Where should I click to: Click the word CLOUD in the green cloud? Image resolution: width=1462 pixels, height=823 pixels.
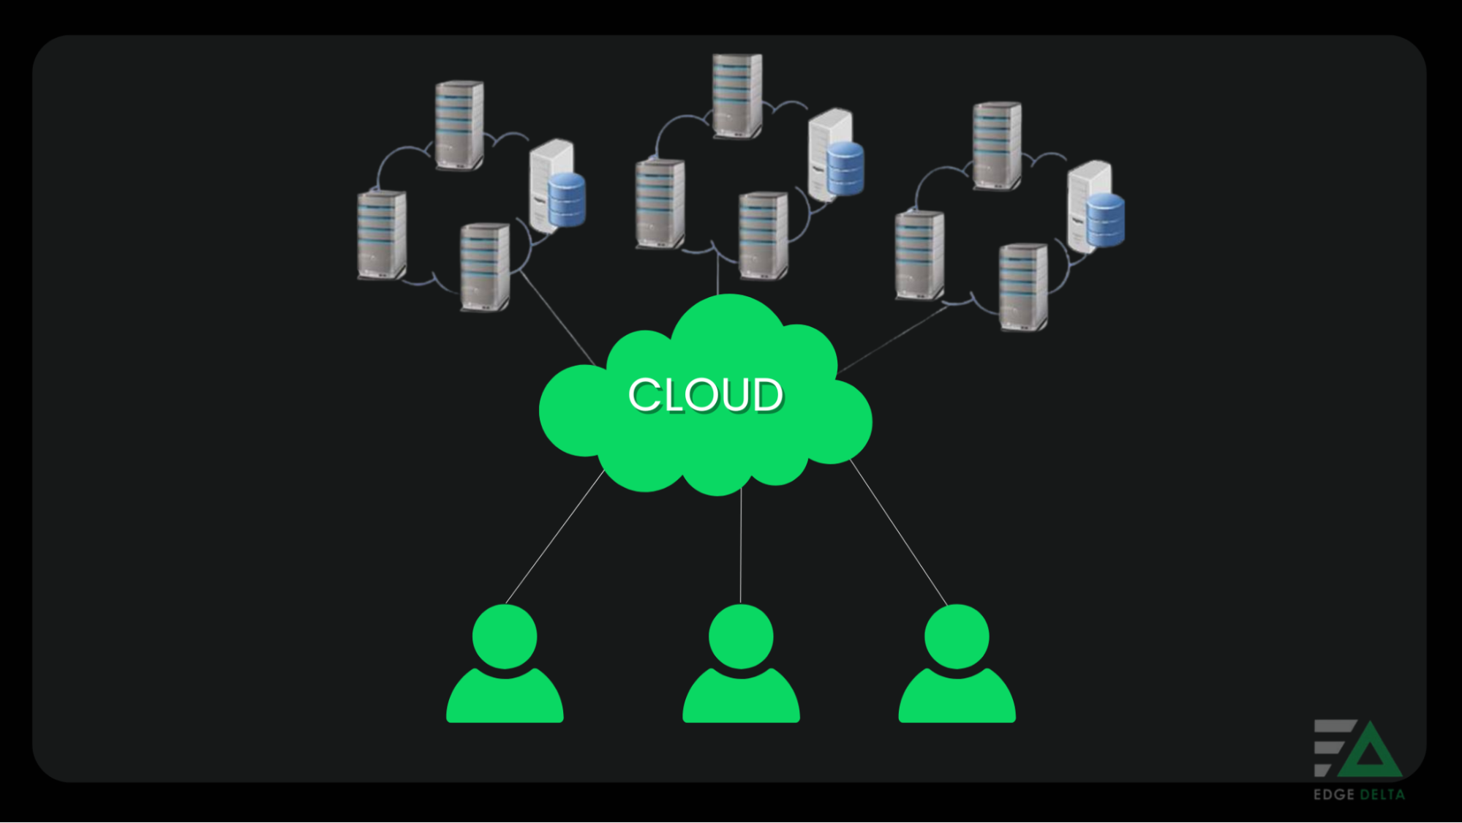click(706, 395)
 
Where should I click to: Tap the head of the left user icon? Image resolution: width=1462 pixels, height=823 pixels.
click(505, 636)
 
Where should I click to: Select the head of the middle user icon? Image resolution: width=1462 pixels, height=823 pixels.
click(741, 636)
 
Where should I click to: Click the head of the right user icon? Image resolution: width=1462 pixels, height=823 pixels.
click(957, 636)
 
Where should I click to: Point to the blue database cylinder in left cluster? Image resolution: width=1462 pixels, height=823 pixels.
click(567, 199)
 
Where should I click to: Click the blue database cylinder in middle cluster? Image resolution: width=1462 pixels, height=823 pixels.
click(845, 168)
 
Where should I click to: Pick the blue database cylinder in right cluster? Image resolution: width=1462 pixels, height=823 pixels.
click(1105, 219)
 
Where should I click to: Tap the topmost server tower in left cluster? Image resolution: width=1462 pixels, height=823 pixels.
click(459, 125)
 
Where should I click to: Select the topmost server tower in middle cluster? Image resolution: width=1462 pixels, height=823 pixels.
click(737, 95)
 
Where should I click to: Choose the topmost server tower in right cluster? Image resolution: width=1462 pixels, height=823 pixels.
click(997, 146)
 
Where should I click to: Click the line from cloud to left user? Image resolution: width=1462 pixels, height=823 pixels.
click(554, 538)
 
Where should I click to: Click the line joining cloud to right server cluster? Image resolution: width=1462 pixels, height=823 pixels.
click(894, 339)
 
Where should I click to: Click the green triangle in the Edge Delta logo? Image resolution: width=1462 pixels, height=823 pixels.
click(1370, 754)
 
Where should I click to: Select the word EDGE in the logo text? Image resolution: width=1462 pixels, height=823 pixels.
click(1334, 794)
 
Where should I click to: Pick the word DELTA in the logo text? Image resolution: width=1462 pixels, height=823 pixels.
click(1382, 794)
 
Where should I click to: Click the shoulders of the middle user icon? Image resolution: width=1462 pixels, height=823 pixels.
click(741, 699)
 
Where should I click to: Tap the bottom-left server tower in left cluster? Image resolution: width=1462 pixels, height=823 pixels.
click(382, 235)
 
